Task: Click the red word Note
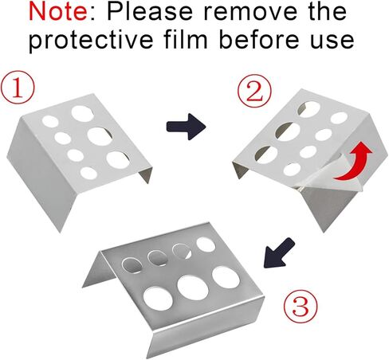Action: (58, 12)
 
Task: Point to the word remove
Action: (250, 13)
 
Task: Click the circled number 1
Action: (18, 87)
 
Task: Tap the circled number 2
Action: (254, 91)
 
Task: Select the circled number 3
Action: (301, 305)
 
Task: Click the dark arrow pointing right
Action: (186, 127)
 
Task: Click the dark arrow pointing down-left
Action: (279, 252)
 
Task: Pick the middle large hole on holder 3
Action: (193, 288)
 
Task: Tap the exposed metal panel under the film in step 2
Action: (329, 205)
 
